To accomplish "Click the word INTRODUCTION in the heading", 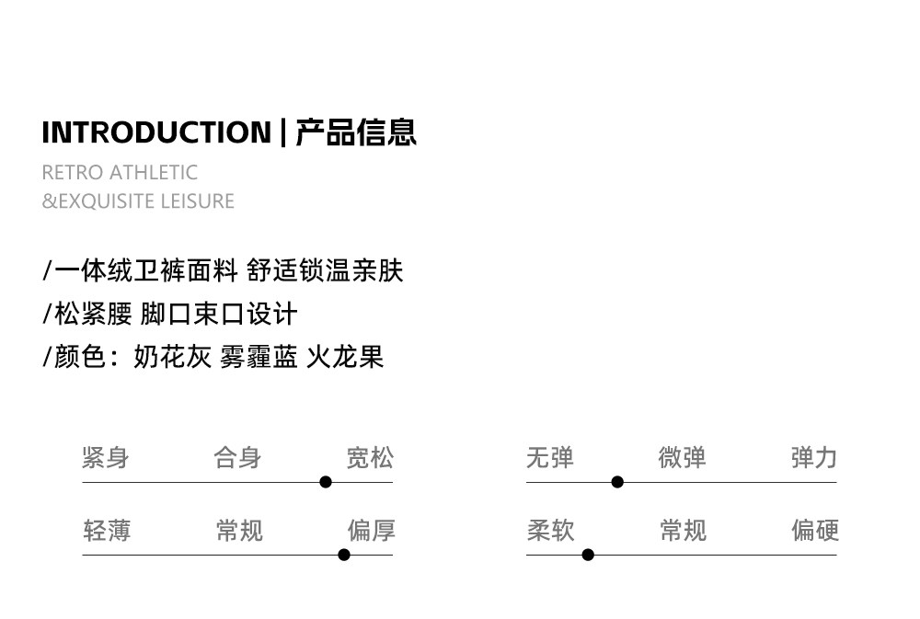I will [156, 132].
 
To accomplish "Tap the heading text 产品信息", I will [356, 132].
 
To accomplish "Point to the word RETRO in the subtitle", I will [73, 172].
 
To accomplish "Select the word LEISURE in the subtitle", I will [198, 201].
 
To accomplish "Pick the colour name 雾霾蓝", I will [259, 357].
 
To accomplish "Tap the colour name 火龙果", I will [345, 357].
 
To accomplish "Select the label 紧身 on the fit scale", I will [106, 457].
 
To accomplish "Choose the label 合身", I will [237, 457].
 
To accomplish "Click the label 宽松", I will [370, 457].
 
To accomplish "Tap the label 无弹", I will [550, 457].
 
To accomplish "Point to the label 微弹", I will [682, 457].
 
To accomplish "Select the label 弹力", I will [814, 457].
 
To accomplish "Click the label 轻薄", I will [107, 530].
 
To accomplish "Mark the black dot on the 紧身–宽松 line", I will [326, 482].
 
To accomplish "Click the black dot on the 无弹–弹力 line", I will [617, 482].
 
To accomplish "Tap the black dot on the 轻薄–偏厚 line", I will [344, 555].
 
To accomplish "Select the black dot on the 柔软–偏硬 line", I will [588, 555].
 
